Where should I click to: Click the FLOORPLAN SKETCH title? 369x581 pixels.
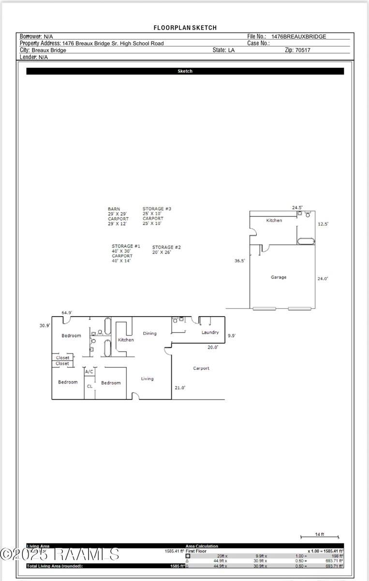click(185, 28)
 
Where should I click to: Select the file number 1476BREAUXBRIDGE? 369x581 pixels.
click(298, 36)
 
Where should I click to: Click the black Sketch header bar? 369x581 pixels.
click(185, 71)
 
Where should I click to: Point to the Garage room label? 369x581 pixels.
click(278, 277)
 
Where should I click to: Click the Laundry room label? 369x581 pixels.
click(210, 333)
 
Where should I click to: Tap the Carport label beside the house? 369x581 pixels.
click(201, 368)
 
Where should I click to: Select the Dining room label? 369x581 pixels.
click(149, 334)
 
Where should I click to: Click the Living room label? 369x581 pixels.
click(147, 379)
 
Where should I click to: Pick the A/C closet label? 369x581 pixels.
click(89, 372)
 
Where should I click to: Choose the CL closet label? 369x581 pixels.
click(89, 386)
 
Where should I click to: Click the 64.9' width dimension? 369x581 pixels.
click(67, 313)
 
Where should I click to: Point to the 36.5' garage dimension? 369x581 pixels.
click(239, 260)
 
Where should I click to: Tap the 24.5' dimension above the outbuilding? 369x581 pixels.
click(297, 208)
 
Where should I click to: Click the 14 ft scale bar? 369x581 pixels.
click(319, 536)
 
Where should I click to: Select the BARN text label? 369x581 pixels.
click(114, 209)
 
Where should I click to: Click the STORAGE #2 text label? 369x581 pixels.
click(166, 247)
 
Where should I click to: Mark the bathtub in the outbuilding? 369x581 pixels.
click(306, 241)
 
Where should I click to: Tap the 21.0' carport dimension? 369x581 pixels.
click(180, 387)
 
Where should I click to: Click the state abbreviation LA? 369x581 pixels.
click(231, 50)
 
